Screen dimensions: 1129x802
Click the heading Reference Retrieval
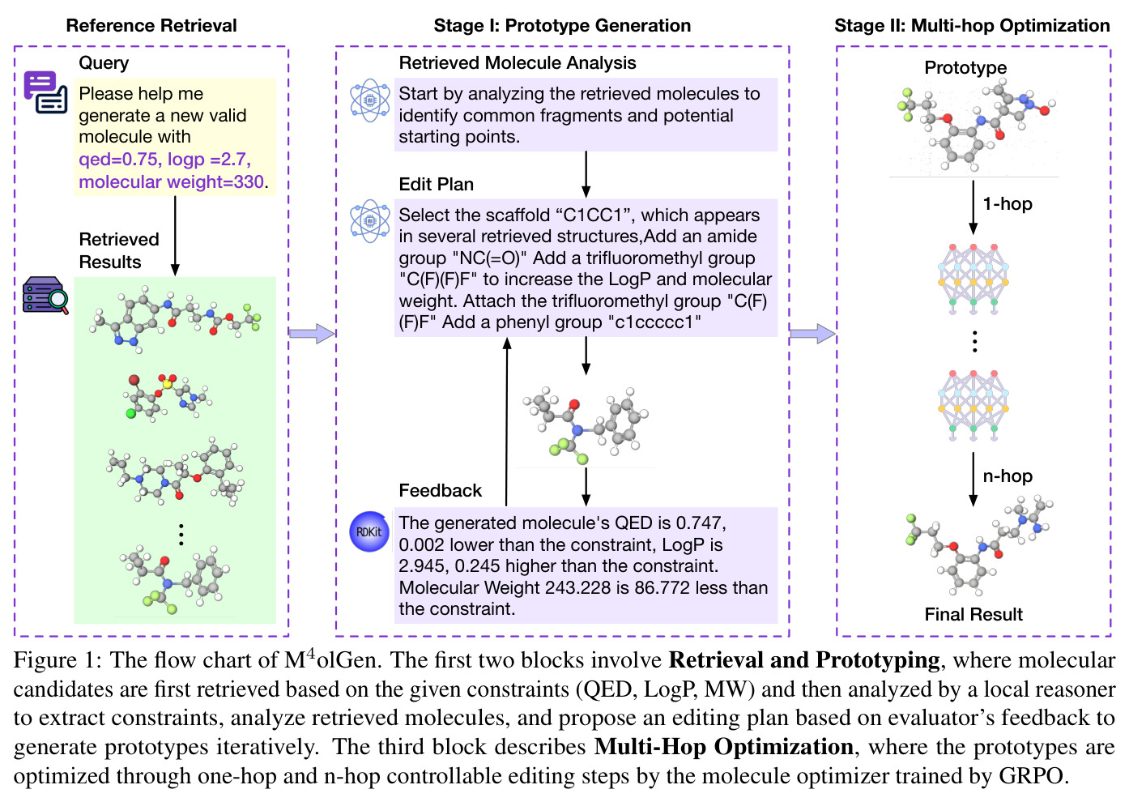(x=151, y=25)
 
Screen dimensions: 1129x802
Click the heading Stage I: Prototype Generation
(x=562, y=25)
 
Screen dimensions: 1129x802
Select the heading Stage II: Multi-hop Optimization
(x=972, y=25)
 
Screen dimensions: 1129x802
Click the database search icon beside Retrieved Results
(x=45, y=296)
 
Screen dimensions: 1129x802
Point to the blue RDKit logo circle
(x=369, y=531)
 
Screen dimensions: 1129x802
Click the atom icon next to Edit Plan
(x=370, y=221)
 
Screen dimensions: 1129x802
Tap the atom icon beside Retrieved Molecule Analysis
(x=370, y=100)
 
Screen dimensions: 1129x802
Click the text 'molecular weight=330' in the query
(x=172, y=181)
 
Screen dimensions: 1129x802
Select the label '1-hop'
(x=1008, y=203)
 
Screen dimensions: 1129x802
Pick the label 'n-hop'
(x=1008, y=476)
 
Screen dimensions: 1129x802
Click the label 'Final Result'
(x=973, y=614)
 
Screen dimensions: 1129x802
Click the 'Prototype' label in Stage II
(x=965, y=67)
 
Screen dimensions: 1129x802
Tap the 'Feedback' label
(x=440, y=490)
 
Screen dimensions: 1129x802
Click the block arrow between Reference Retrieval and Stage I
(x=312, y=334)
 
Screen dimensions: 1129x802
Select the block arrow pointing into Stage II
(x=812, y=334)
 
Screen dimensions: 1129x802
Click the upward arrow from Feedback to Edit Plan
(x=507, y=421)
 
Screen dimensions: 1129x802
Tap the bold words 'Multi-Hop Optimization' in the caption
(x=723, y=747)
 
